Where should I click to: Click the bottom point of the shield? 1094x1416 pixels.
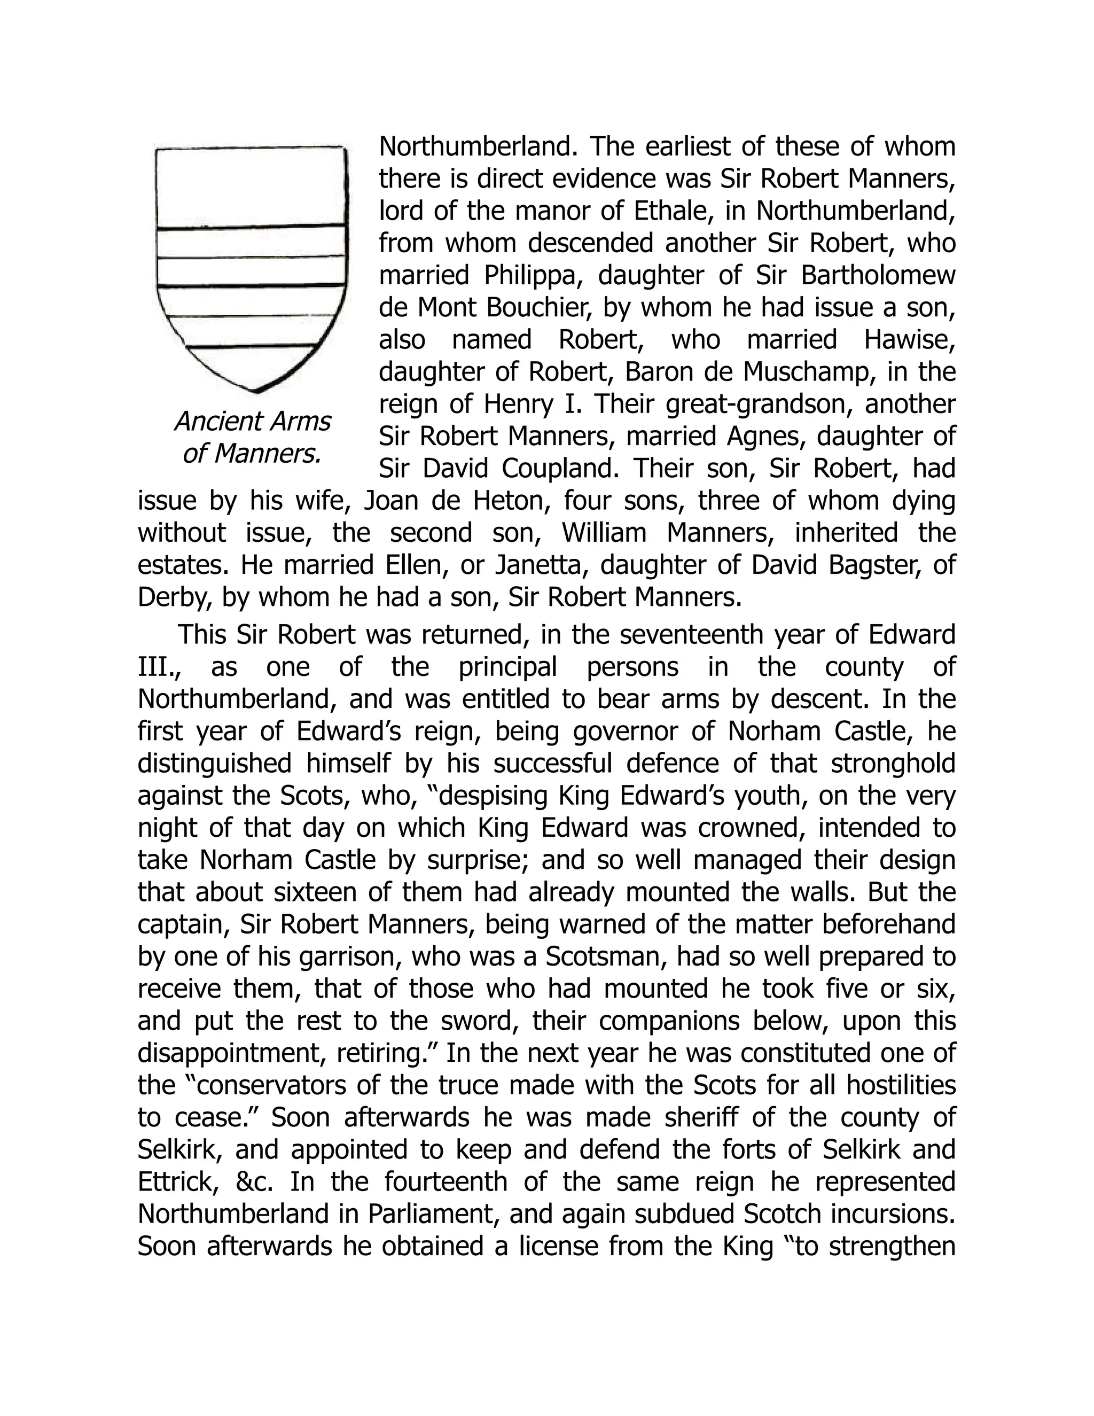[256, 391]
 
